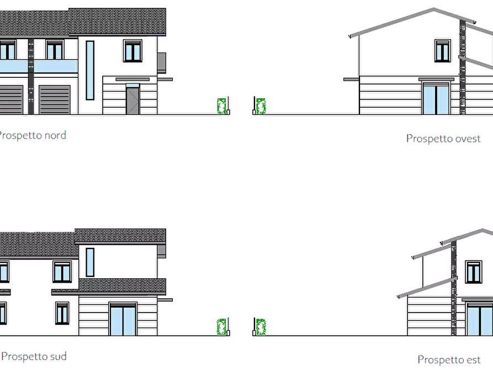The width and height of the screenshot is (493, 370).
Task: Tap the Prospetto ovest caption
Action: tap(443, 139)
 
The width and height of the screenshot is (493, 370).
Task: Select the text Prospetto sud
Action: tap(34, 357)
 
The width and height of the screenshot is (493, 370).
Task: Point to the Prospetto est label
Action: tap(449, 360)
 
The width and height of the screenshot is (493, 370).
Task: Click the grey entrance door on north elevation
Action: tap(132, 101)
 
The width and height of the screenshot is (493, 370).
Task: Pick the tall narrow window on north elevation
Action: tap(90, 70)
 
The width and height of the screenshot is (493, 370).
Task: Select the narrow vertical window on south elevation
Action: tap(90, 262)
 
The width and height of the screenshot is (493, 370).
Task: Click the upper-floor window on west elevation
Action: tap(443, 50)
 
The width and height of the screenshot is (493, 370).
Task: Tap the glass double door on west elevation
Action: tap(436, 98)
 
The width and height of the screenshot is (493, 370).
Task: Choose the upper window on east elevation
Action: tap(474, 272)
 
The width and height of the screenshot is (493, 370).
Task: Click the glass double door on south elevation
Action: tap(123, 319)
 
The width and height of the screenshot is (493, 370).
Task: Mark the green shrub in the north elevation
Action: tap(222, 106)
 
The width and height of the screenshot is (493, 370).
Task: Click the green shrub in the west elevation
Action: tap(261, 106)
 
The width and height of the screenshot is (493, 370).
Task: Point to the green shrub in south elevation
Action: tap(222, 326)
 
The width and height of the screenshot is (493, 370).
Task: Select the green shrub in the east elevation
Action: tap(261, 326)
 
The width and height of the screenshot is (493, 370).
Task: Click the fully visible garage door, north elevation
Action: tap(55, 99)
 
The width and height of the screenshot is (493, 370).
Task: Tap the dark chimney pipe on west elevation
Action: tap(463, 67)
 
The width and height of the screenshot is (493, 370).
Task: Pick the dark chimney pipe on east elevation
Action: tap(454, 288)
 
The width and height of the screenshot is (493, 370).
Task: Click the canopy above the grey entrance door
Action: tap(132, 80)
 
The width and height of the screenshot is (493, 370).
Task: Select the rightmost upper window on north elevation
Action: tap(132, 50)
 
